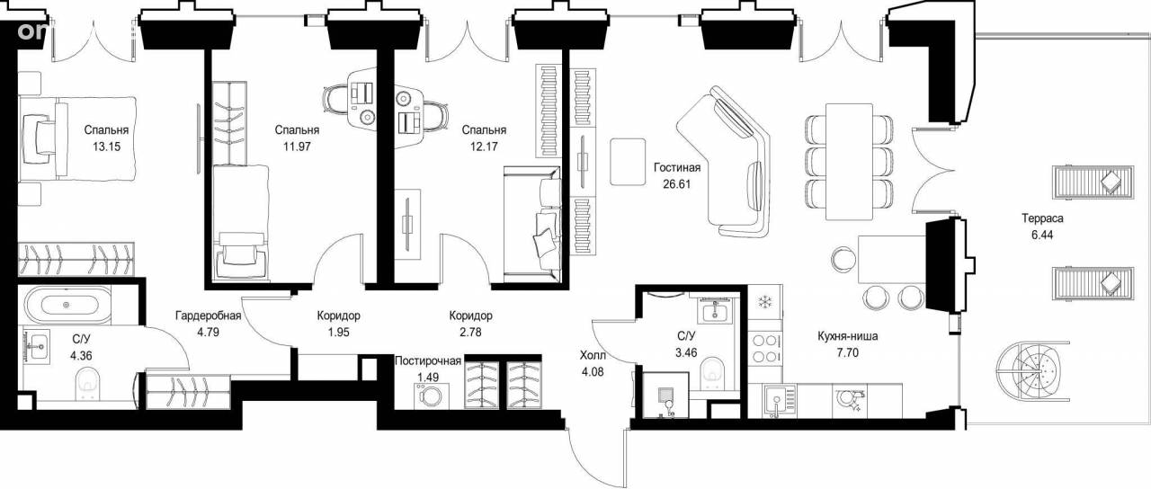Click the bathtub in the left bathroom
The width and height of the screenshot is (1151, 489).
pos(67,305)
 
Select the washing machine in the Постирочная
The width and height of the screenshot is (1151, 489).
pos(431,396)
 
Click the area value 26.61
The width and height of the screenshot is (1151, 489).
pos(677,184)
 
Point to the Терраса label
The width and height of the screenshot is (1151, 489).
pos(1042,218)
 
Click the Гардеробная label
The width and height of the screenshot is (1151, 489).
pos(208,316)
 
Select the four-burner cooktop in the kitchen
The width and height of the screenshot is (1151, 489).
pos(764,348)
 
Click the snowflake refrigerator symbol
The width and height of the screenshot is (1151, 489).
pos(765,301)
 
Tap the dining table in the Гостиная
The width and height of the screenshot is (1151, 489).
pos(850,161)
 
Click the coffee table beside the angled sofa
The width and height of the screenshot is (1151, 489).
pos(628,161)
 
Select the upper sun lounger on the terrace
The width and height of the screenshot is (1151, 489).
pos(1093,182)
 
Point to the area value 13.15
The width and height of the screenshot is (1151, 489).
pos(106,147)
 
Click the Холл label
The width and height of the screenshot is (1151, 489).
pos(593,355)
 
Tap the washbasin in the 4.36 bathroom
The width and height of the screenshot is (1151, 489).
pos(37,347)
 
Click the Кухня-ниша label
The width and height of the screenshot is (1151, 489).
pos(847,336)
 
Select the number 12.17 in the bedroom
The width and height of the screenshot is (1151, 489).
pos(484,147)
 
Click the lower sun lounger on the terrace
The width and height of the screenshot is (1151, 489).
pos(1093,282)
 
